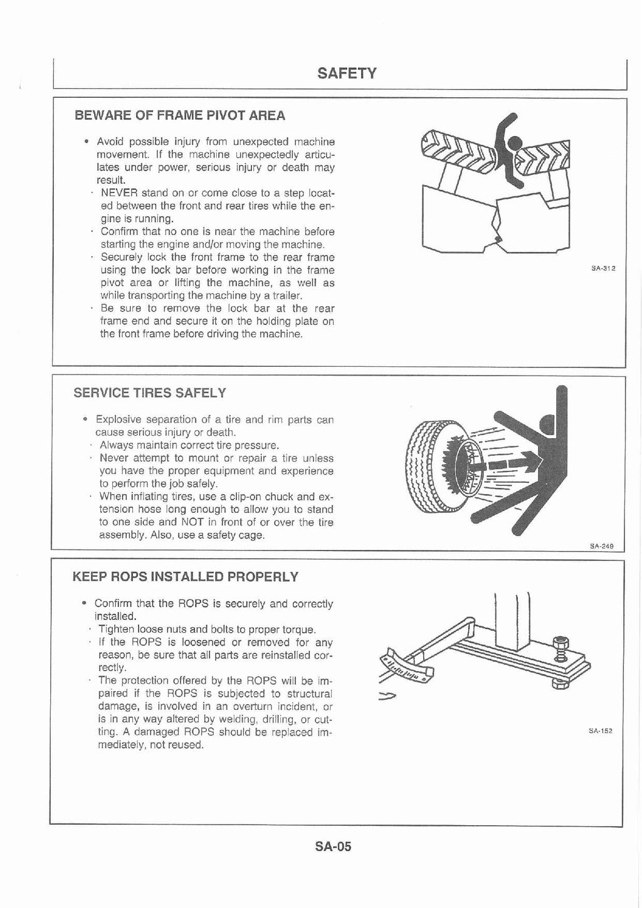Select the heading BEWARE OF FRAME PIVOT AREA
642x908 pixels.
(x=179, y=115)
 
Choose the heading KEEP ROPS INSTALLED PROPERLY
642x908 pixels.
(x=186, y=576)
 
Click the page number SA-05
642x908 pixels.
(x=333, y=846)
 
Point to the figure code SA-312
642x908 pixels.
(x=603, y=269)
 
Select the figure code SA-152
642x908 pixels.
(x=601, y=731)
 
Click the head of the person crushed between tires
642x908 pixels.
(x=515, y=144)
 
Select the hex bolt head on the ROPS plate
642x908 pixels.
(x=559, y=641)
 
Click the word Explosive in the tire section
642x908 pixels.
(x=118, y=420)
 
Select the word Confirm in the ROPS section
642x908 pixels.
(x=113, y=604)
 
